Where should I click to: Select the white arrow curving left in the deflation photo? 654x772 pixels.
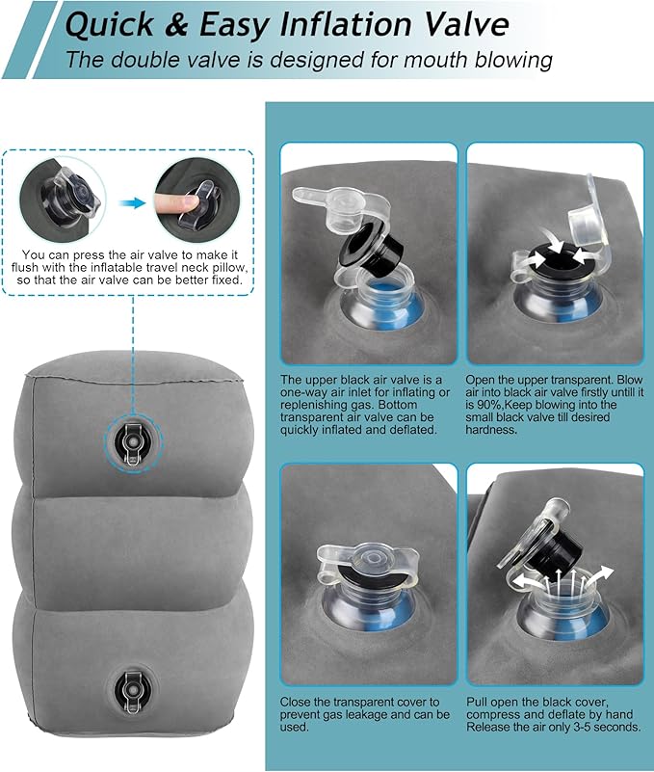[507, 583]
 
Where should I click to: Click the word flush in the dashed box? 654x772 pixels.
[31, 269]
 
